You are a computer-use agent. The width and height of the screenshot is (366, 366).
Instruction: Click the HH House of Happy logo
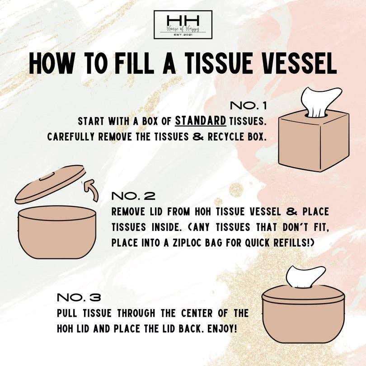[183, 24]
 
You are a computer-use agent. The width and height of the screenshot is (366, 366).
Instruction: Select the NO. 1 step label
[249, 106]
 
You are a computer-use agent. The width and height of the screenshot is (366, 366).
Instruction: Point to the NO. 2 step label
[133, 196]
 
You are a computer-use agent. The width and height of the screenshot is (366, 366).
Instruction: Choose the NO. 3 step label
[79, 298]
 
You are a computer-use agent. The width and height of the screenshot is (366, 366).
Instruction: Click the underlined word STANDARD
[200, 121]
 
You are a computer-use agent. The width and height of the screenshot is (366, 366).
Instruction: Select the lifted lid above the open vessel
[50, 184]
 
